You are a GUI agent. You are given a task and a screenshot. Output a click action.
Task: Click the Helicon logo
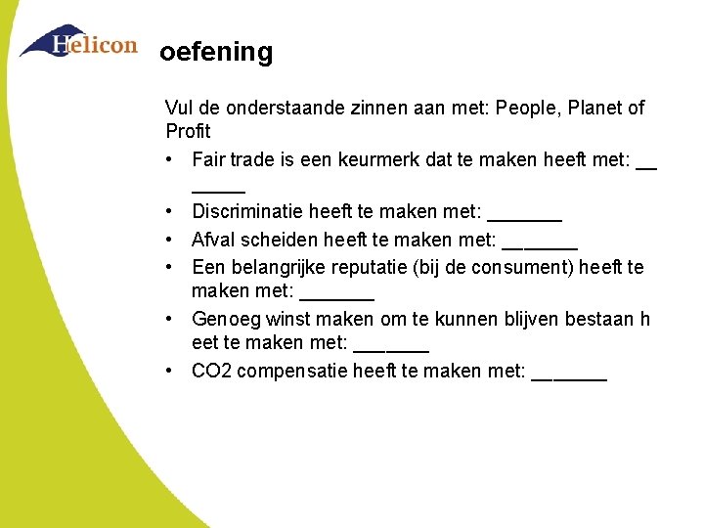coord(78,43)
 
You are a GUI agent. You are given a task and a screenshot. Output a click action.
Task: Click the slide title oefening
coord(216,52)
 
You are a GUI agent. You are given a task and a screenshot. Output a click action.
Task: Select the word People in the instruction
coord(526,108)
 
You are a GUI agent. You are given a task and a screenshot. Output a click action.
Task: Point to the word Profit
coord(189,131)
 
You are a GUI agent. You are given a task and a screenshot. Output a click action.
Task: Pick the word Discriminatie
coord(247,211)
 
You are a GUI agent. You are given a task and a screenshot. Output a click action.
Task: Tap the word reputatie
coord(374,266)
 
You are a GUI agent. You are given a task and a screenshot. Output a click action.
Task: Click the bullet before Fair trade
coord(171,158)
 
